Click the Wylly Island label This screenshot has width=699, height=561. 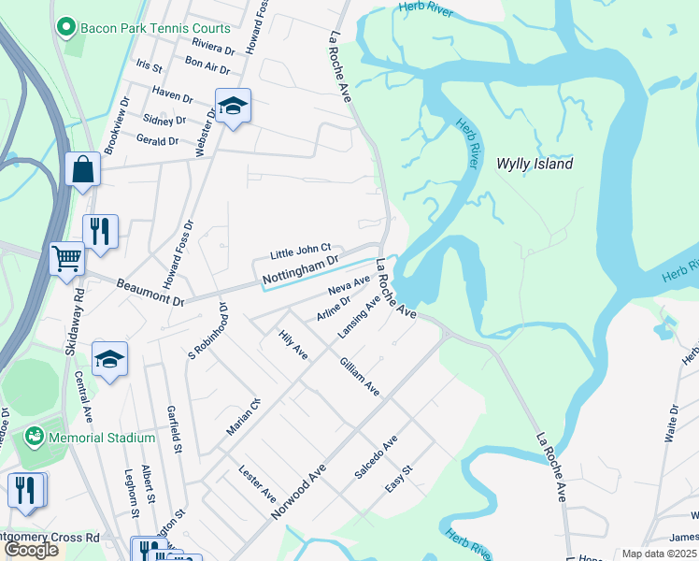pos(535,164)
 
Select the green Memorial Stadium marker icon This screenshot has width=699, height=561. pos(35,437)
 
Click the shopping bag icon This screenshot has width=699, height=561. pos(83,170)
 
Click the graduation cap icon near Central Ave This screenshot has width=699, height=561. pos(109,359)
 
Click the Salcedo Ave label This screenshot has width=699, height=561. pos(376,457)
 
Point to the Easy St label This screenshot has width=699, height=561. pos(399,481)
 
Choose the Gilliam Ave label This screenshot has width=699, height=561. pos(360,376)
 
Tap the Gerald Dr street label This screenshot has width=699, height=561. pos(157,141)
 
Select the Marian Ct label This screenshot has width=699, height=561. pos(242,417)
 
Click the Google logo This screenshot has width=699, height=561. pos(31,549)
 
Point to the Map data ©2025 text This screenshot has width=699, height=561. pos(658,554)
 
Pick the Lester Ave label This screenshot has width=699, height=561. pos(258,482)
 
